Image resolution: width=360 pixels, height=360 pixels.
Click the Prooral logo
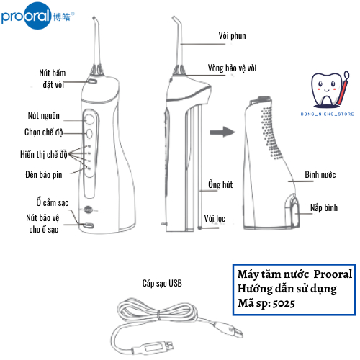(x=37, y=16)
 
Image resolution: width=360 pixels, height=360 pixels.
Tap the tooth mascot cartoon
(x=330, y=89)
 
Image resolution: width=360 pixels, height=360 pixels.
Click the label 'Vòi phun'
(x=232, y=36)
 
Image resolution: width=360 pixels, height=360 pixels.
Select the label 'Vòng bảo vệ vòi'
(x=232, y=68)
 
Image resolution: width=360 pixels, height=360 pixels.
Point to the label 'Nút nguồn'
(x=44, y=115)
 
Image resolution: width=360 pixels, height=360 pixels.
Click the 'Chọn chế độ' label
(x=44, y=132)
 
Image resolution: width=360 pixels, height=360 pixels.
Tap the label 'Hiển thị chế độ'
(x=44, y=154)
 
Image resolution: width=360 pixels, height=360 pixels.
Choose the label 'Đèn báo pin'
(x=44, y=174)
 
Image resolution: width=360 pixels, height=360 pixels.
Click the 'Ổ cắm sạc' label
(x=53, y=202)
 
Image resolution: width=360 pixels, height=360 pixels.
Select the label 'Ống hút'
(x=220, y=184)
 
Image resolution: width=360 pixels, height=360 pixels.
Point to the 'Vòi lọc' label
(x=215, y=218)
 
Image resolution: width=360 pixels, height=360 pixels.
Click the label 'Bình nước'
(x=320, y=174)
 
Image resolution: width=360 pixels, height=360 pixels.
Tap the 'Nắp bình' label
(x=324, y=207)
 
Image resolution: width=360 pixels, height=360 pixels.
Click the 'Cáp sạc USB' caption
(x=162, y=283)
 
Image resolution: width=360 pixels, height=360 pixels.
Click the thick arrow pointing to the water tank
(x=222, y=132)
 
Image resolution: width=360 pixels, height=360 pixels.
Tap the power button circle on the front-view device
(x=89, y=119)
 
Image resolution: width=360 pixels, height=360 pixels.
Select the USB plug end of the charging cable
(x=153, y=347)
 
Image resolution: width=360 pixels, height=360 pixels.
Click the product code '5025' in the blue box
(x=284, y=304)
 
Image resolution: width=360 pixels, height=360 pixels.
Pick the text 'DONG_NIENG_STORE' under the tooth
(x=328, y=114)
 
